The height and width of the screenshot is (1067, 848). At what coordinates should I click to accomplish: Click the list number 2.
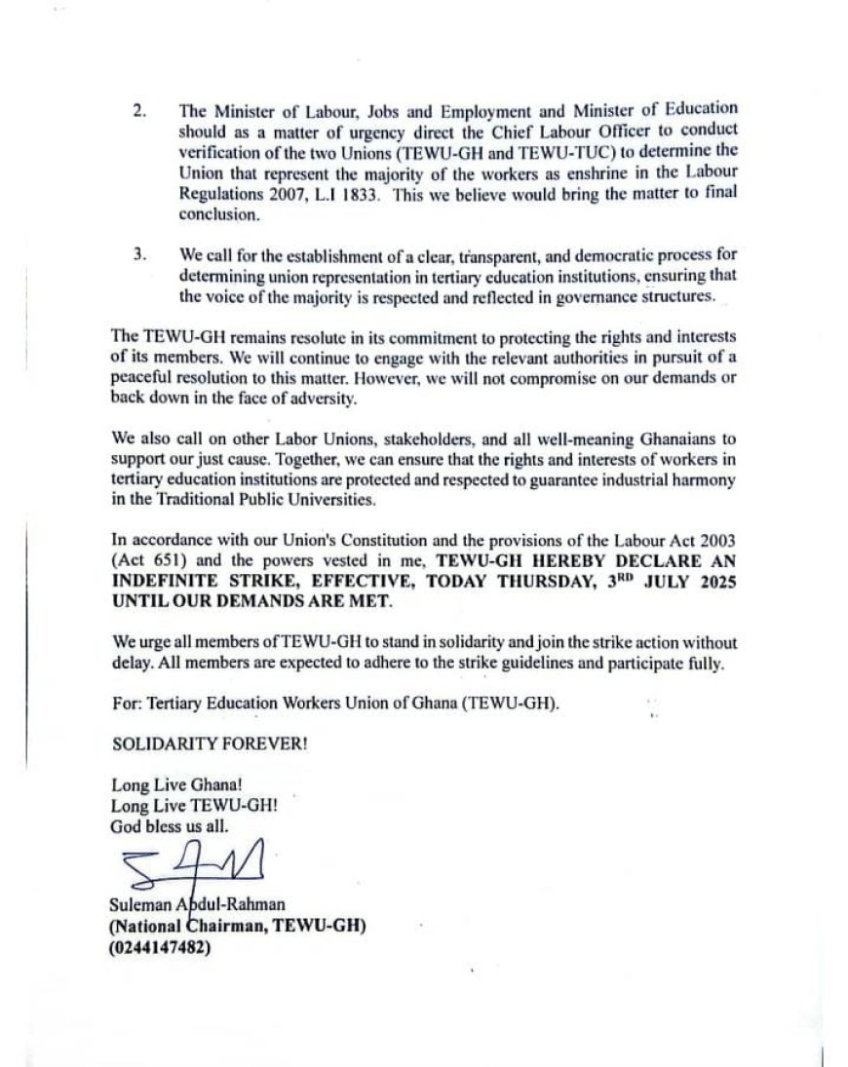point(140,110)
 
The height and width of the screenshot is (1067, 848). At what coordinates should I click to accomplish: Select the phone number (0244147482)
point(162,945)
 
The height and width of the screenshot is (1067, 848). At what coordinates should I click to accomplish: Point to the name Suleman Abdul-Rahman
point(189,907)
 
